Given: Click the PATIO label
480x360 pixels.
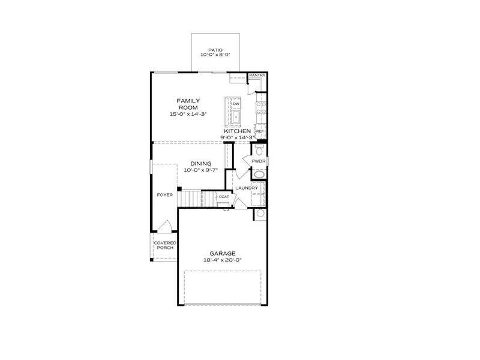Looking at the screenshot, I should pos(215,50).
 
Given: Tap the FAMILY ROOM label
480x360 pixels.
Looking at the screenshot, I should pos(188,104).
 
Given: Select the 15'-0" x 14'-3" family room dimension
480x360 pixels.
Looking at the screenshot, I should pos(188,114).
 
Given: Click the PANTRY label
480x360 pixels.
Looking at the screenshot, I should pos(257,76).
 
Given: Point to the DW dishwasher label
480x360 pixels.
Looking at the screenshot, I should pos(236,103).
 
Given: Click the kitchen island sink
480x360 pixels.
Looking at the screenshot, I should pos(236,117).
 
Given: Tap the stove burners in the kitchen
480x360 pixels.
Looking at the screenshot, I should pos(261,108).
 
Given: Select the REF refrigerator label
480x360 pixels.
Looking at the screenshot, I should pos(260,130).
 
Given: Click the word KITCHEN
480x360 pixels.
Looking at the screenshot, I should pos(237,131).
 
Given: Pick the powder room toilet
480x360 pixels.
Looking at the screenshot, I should pos(259,149).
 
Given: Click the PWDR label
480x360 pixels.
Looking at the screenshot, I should pos(258,161).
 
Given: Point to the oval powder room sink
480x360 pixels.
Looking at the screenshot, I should pos(259,175).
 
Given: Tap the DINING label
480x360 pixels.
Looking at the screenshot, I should pos(200,163).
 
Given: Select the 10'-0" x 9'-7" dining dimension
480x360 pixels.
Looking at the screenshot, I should pos(200,170).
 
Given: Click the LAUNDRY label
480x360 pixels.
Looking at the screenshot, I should pos(247,188).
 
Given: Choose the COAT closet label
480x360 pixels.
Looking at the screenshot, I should pos(224,197).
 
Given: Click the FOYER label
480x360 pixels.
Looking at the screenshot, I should pos(165,195).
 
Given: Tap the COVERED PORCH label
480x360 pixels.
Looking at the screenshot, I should pos(165,245).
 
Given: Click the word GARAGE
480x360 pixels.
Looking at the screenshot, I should pos(222,253).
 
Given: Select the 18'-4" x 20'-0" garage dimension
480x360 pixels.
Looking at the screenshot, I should pos(222,260).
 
